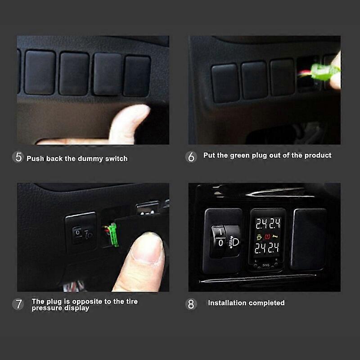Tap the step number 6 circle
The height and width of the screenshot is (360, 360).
pyautogui.click(x=191, y=157)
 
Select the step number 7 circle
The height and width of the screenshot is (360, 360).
pyautogui.click(x=18, y=304)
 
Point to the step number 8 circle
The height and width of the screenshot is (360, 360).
pyautogui.click(x=191, y=304)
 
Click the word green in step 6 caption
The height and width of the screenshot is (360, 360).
pyautogui.click(x=240, y=155)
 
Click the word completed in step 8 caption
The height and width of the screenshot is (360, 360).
pyautogui.click(x=267, y=303)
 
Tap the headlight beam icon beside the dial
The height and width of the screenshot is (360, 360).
pyautogui.click(x=234, y=243)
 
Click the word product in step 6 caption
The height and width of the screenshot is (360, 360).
pyautogui.click(x=318, y=155)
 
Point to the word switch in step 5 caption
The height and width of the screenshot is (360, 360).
pyautogui.click(x=117, y=158)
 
